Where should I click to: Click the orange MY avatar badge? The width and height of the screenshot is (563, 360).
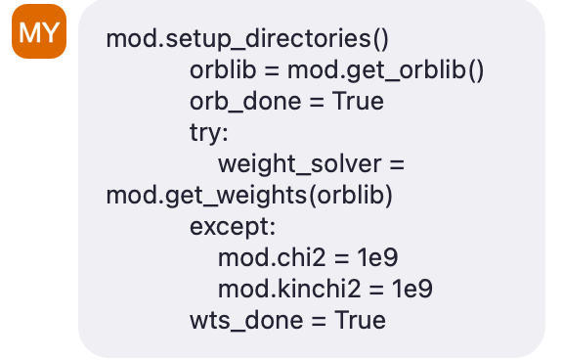click(x=39, y=33)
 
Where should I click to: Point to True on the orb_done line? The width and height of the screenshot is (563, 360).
click(x=358, y=102)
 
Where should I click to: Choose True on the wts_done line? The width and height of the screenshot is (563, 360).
click(x=360, y=321)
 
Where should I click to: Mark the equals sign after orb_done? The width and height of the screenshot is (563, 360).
click(x=315, y=102)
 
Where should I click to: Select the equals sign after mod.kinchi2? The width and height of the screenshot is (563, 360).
click(x=371, y=290)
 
